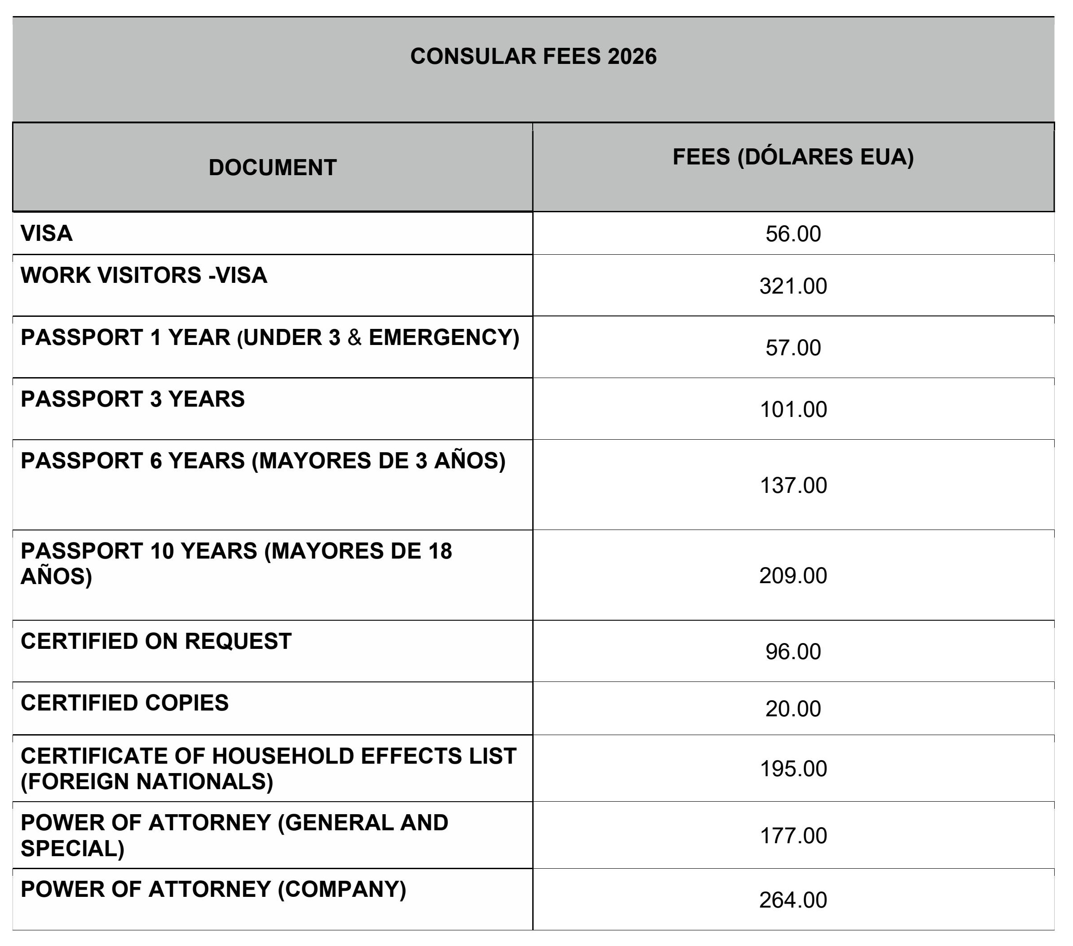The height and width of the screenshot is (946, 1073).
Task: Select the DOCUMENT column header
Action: tap(273, 168)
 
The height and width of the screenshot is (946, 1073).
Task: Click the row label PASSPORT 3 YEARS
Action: tap(132, 399)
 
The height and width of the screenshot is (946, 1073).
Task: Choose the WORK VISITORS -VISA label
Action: tap(144, 276)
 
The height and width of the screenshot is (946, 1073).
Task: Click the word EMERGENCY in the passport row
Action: tap(440, 337)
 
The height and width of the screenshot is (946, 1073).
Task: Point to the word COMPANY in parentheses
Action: tap(342, 889)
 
